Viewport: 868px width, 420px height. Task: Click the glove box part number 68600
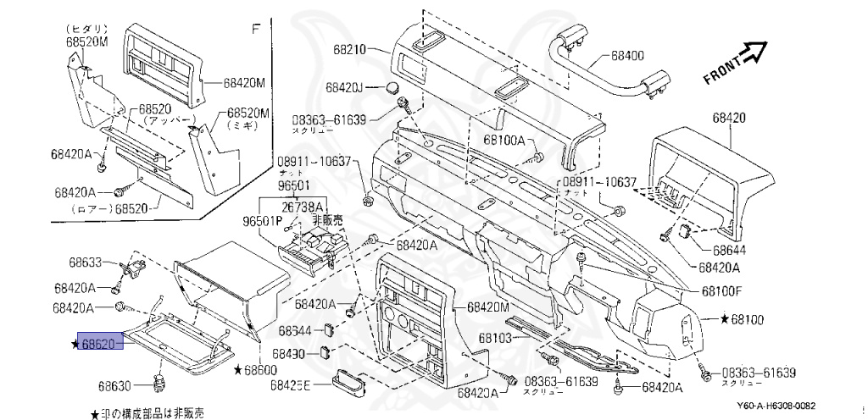coord(260,370)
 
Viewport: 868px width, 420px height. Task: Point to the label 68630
coord(114,385)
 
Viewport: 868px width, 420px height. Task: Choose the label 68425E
coord(292,385)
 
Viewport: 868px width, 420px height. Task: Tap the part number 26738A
coord(302,207)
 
